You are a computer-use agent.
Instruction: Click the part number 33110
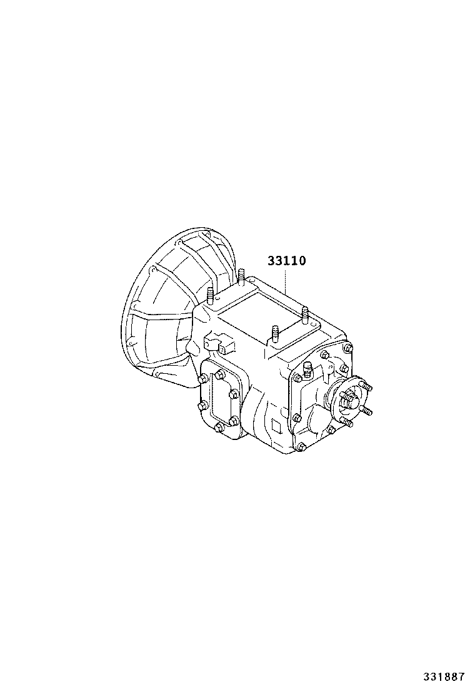286,261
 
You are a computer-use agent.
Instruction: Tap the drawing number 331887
444,677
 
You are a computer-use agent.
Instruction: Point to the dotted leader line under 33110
286,281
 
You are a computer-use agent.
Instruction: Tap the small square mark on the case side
276,426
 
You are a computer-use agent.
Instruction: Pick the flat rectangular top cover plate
270,316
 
